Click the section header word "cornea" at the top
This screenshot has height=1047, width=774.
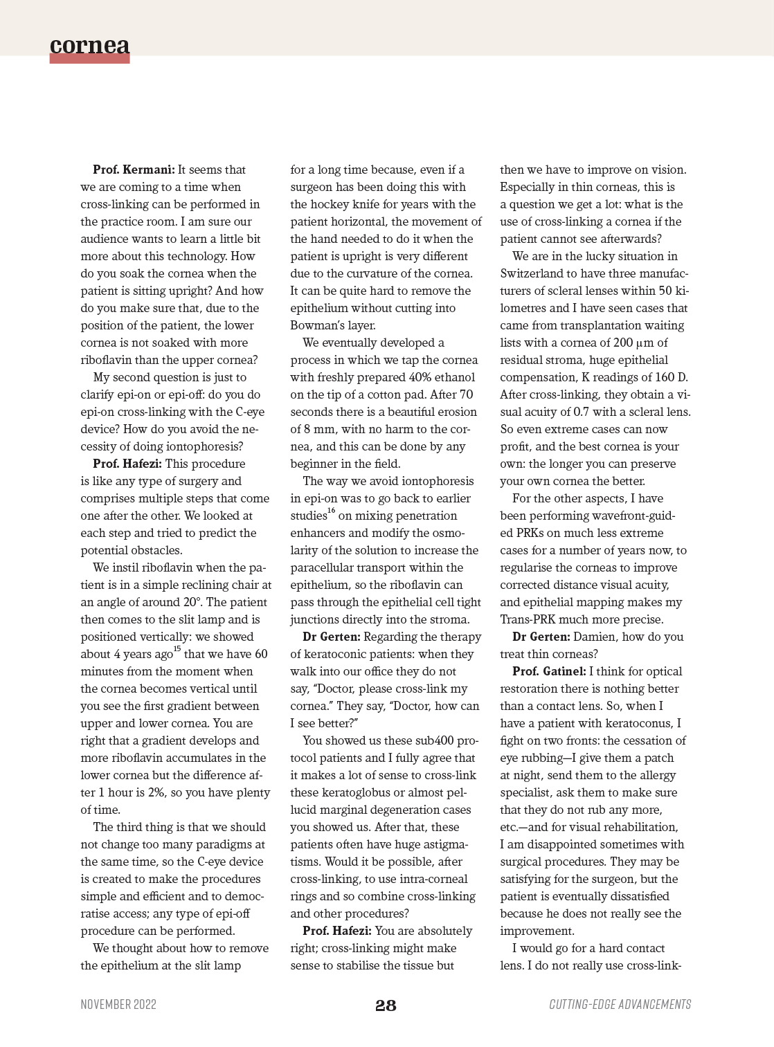click(x=89, y=45)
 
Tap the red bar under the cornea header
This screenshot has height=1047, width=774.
click(x=89, y=60)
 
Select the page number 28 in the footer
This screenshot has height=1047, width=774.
click(x=386, y=1005)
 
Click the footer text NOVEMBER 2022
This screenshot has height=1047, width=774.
click(x=118, y=1004)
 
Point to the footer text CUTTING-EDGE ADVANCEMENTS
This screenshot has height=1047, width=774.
click(x=620, y=1004)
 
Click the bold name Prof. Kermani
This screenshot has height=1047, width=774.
click(x=134, y=170)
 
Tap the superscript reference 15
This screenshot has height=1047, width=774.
click(x=177, y=649)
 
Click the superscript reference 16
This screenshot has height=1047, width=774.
click(x=331, y=511)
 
